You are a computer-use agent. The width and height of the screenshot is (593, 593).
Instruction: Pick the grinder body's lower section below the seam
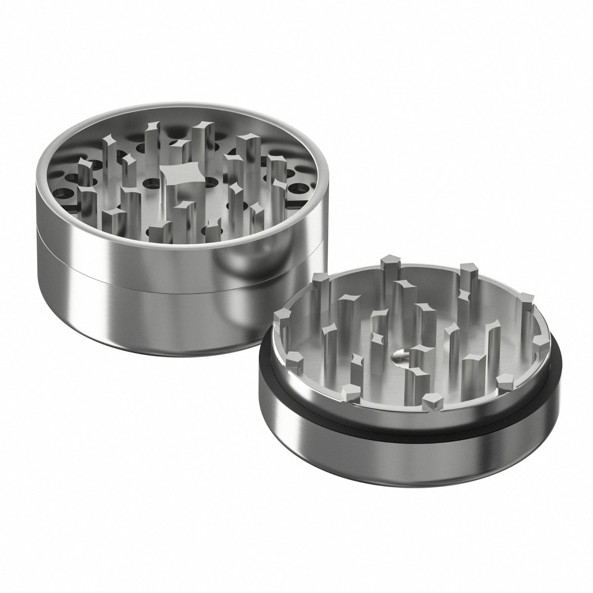[148, 316]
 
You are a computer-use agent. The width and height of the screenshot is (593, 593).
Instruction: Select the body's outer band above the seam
[99, 247]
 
